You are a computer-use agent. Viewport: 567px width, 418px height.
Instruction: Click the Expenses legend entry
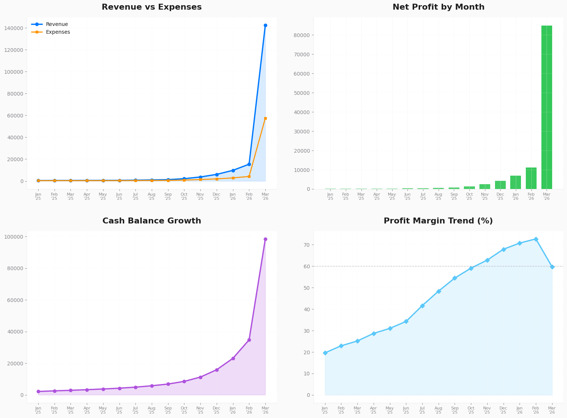tap(58, 32)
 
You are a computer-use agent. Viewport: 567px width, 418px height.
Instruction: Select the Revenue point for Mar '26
tap(265, 26)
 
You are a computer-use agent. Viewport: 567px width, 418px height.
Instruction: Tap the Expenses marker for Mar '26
tap(265, 119)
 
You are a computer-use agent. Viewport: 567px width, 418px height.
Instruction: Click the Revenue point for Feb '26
tap(249, 164)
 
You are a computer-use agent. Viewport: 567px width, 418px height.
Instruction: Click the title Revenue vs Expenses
tap(151, 7)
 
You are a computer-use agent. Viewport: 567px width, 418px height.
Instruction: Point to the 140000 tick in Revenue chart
tap(16, 28)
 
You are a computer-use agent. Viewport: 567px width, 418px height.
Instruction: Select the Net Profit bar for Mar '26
tap(547, 107)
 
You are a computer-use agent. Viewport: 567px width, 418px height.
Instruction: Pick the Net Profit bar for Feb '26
tap(531, 178)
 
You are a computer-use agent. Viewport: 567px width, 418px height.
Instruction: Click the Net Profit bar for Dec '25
tap(500, 185)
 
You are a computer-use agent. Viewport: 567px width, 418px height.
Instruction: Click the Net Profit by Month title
tap(438, 7)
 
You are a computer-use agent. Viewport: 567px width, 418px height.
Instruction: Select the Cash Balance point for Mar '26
tap(265, 239)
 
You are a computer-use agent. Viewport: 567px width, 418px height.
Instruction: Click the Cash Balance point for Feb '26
tap(249, 340)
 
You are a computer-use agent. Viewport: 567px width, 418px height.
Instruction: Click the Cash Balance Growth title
tap(151, 221)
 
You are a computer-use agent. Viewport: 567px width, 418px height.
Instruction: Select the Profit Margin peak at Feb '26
tap(536, 239)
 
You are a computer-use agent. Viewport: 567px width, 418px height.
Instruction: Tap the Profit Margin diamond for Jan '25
tap(325, 353)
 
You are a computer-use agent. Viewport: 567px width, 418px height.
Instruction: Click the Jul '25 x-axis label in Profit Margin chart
tap(422, 410)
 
